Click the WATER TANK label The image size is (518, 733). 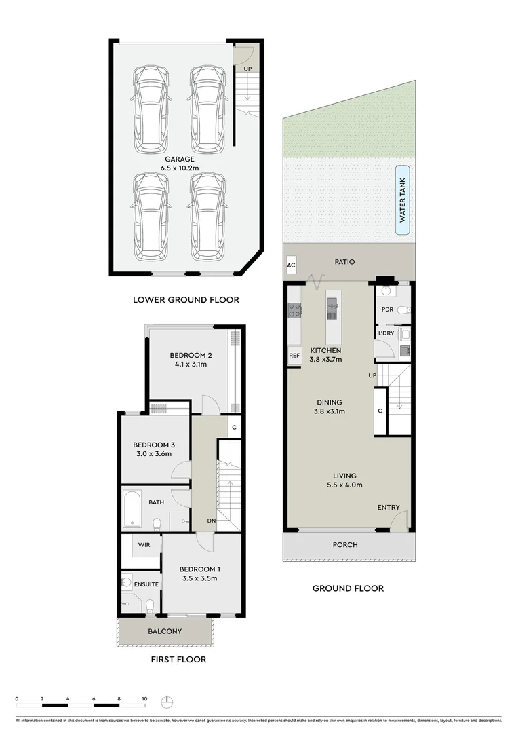pos(402,200)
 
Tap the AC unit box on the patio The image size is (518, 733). pos(291,265)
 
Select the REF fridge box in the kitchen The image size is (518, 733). pos(294,356)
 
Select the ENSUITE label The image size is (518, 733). pos(146,584)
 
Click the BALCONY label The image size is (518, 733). pos(165,631)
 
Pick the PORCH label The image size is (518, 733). pos(344,544)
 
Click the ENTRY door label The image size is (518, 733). pos(388,508)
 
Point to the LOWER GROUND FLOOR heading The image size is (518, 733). pos(186,299)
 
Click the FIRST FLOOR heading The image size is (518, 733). pos(178,659)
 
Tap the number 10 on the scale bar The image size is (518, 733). pos(144,698)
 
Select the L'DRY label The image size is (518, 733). pos(386,333)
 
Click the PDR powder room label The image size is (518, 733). pos(387,309)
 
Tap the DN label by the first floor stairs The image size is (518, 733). pos(212,521)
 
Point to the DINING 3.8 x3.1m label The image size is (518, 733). pos(328,407)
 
